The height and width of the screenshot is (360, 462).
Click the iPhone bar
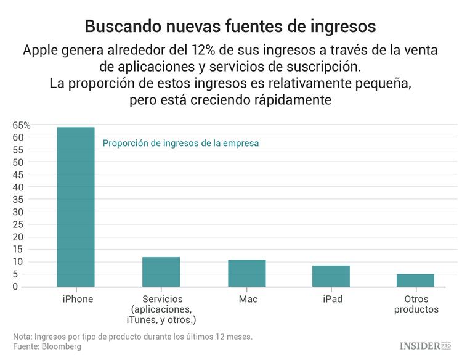[x=76, y=207]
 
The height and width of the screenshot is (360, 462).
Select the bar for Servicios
[x=161, y=272]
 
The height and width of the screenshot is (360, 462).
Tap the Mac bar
[x=246, y=273]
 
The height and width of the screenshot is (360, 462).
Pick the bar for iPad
[x=331, y=276]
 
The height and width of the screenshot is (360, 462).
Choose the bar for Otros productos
[x=415, y=280]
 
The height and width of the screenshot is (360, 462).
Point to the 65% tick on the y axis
[x=22, y=125]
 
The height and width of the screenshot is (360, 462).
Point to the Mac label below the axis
[x=248, y=299]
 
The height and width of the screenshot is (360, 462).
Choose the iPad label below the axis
[x=332, y=299]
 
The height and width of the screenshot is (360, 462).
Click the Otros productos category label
[x=416, y=304]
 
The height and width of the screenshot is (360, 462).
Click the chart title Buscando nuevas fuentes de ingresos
[x=230, y=27]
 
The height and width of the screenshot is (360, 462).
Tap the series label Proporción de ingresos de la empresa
[x=180, y=143]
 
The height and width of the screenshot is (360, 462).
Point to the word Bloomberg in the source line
[x=61, y=346]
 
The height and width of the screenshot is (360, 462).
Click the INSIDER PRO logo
[x=425, y=346]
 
